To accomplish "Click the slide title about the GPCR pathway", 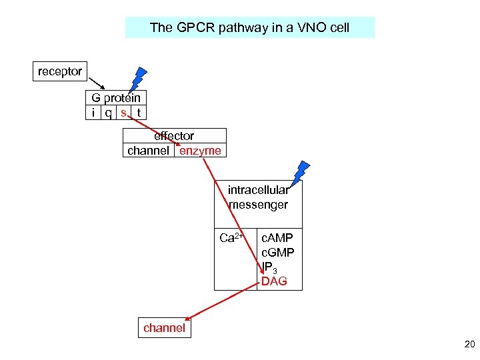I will click(249, 27).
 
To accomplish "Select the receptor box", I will click(60, 71).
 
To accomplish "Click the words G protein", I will click(116, 98).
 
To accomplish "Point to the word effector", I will click(174, 136).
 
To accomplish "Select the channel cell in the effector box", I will click(148, 151).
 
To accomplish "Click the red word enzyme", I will click(200, 151).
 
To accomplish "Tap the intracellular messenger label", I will click(258, 197).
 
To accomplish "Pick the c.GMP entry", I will click(277, 253).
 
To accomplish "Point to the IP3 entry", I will click(270, 267).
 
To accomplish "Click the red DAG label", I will click(274, 281).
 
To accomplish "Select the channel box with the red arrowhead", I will click(164, 328).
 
